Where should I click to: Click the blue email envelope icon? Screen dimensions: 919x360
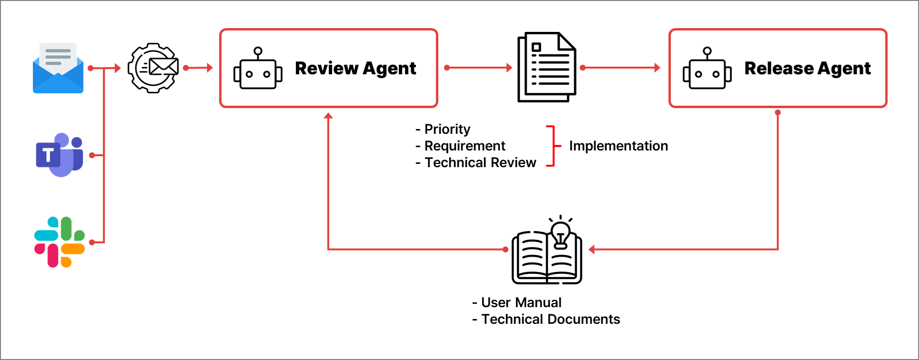pos(58,68)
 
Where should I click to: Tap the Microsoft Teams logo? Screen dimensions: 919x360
pos(60,155)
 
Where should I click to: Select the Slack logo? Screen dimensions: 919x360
pos(60,242)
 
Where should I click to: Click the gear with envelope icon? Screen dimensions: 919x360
pos(153,68)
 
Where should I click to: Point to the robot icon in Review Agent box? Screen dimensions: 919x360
pos(258,68)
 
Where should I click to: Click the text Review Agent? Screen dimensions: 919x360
pos(355,69)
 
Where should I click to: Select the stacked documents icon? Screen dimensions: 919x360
pos(547,67)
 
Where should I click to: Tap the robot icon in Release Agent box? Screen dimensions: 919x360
pos(707,68)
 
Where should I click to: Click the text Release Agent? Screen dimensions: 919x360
pos(808,69)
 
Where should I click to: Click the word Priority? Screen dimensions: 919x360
pos(447,130)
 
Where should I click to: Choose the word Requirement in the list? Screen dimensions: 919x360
pos(465,146)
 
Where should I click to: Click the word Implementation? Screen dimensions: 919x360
pos(618,146)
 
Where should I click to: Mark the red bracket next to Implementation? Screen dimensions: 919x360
pos(554,146)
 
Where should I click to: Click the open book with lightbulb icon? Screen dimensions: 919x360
pos(547,250)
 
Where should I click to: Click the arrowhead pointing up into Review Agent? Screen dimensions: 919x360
pos(328,116)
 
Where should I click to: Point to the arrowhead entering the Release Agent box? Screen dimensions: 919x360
pos(657,68)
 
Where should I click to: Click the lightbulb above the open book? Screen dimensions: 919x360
pos(561,233)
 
